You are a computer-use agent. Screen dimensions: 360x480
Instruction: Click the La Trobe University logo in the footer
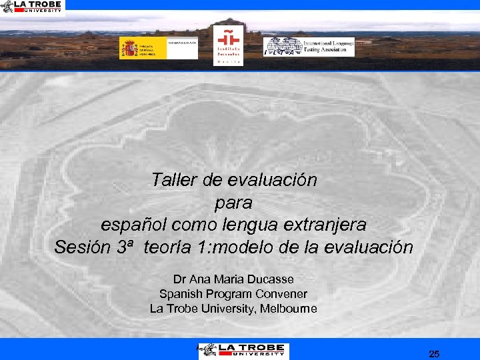point(242,349)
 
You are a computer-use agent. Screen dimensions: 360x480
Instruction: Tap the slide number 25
point(434,354)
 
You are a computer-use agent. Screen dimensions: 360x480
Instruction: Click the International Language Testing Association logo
point(309,47)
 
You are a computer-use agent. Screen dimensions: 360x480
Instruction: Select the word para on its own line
point(234,202)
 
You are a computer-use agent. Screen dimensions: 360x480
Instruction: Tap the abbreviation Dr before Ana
point(179,279)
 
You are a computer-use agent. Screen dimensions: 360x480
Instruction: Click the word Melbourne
point(288,309)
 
